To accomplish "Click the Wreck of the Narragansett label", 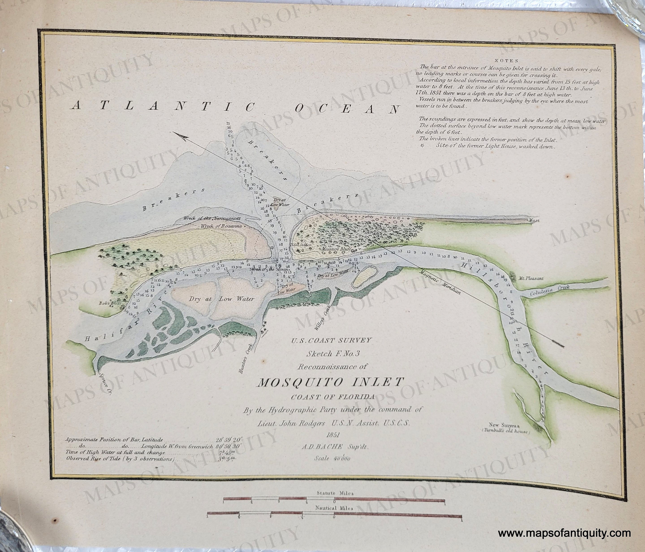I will click(211, 218).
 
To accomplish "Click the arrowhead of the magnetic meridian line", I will click(178, 135).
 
